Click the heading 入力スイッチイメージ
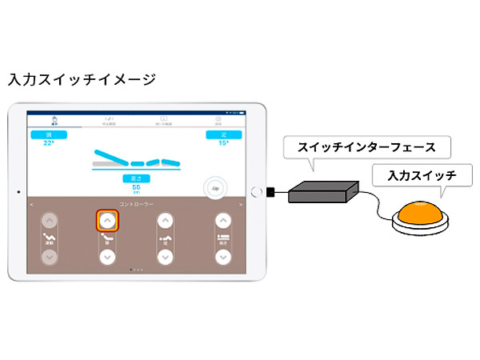82,80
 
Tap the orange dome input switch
419,214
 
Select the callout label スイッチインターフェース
366,147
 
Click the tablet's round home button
256,192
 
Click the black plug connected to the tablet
273,192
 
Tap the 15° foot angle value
223,142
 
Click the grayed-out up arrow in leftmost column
50,220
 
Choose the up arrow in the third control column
165,220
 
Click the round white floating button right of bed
215,186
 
